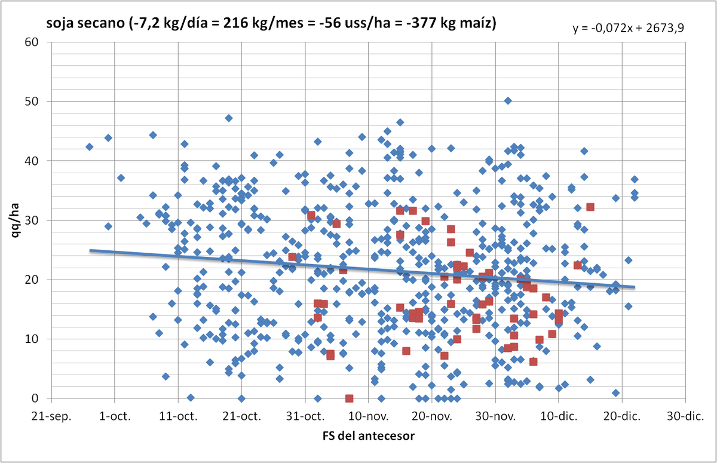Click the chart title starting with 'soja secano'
[271, 23]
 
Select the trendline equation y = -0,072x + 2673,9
[628, 28]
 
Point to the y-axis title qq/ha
[15, 220]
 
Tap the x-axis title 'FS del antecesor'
[369, 436]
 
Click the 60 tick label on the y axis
[31, 42]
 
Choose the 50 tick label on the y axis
[31, 102]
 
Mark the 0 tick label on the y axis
[35, 398]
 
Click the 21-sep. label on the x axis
[51, 416]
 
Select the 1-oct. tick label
[115, 416]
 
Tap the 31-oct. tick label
[305, 416]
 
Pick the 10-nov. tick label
[368, 416]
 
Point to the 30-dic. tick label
[685, 416]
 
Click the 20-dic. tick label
[622, 416]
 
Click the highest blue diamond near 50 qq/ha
[508, 101]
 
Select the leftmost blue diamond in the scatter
[90, 147]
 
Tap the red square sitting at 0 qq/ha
[349, 398]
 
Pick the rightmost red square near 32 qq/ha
[590, 207]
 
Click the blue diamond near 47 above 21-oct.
[229, 118]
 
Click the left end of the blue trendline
[90, 250]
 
